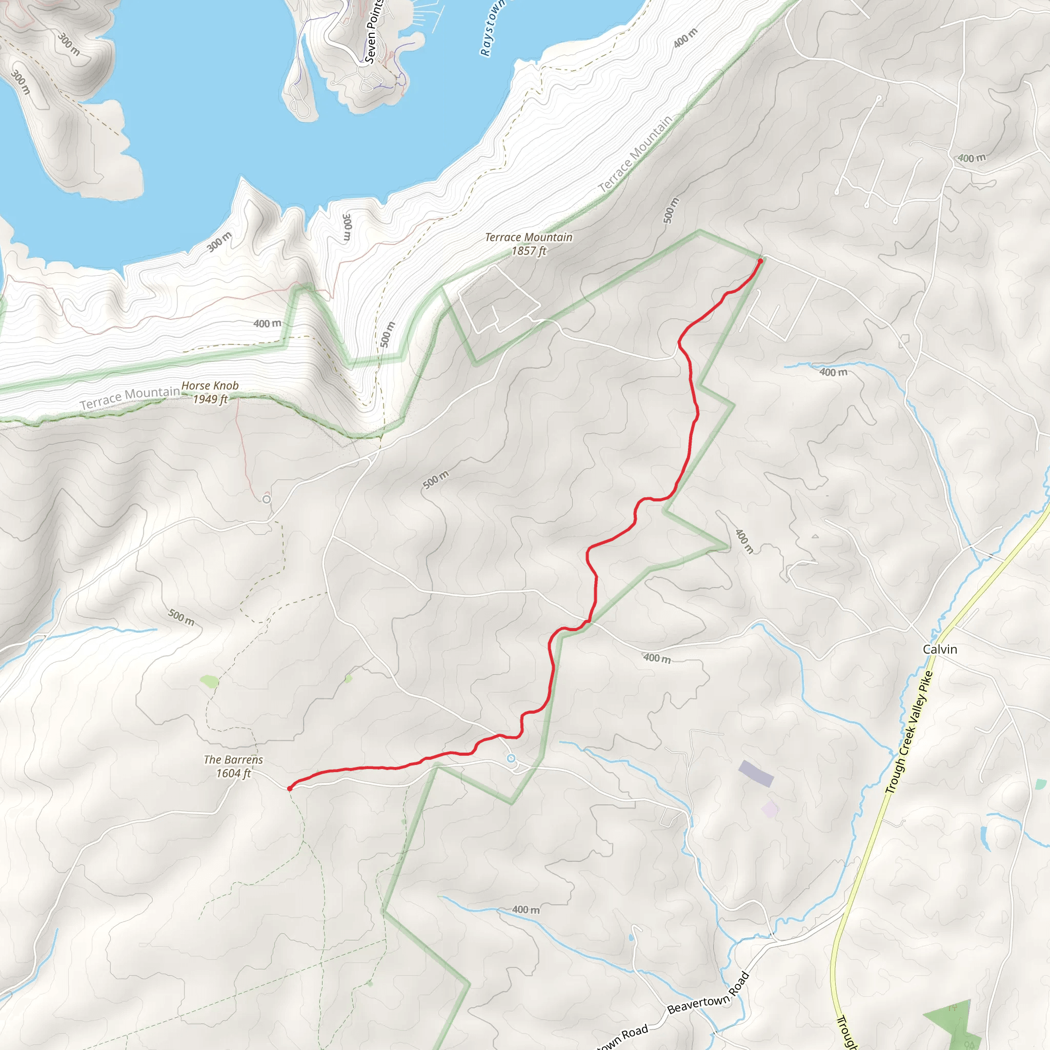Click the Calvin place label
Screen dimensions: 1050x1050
click(940, 650)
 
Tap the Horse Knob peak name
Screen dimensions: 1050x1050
click(210, 386)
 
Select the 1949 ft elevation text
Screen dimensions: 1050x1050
click(210, 399)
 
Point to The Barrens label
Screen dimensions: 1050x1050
click(233, 759)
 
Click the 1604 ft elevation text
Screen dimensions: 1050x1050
click(233, 773)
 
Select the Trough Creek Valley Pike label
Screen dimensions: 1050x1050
click(908, 732)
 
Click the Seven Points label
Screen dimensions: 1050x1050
click(373, 31)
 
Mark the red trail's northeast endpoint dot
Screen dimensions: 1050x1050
click(760, 261)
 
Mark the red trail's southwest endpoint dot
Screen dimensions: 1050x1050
click(290, 788)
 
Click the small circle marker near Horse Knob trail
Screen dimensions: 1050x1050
click(266, 499)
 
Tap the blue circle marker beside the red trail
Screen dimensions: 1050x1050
click(511, 758)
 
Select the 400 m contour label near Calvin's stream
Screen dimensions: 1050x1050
click(833, 372)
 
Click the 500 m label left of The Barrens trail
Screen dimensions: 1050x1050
click(181, 617)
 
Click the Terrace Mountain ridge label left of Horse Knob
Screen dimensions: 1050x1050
click(130, 398)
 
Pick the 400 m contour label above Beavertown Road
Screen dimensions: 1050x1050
click(526, 909)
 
